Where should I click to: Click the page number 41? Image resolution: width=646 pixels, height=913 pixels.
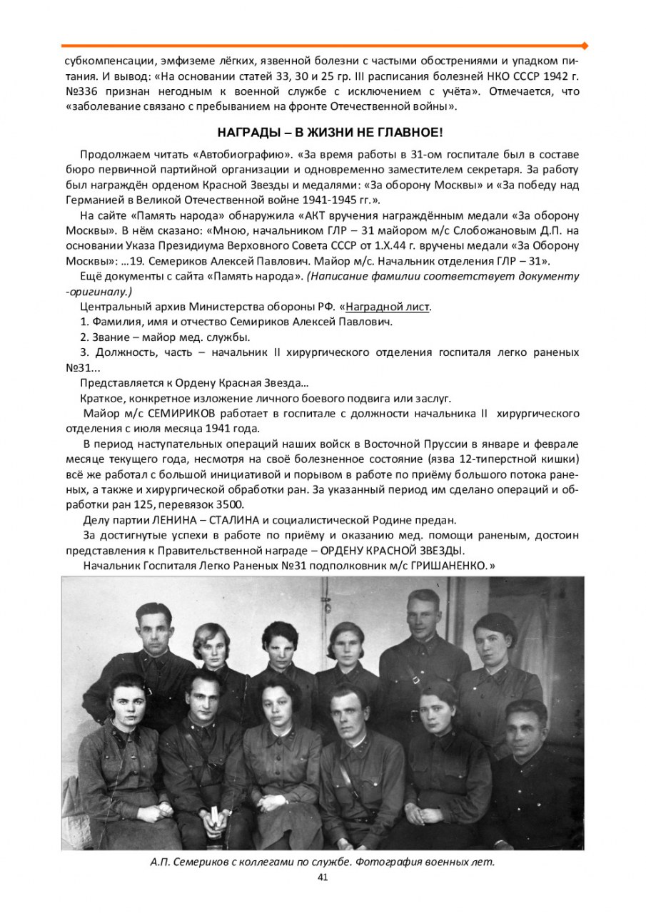coord(322,877)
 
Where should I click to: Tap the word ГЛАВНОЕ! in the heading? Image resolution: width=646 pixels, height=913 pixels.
coord(412,133)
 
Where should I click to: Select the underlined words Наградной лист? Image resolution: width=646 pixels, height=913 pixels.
coord(388,307)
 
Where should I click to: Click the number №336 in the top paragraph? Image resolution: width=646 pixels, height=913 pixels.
coord(81,91)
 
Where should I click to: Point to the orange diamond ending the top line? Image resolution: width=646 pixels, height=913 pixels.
coord(585,46)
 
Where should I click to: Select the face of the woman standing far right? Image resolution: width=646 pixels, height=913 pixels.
coord(492,638)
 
